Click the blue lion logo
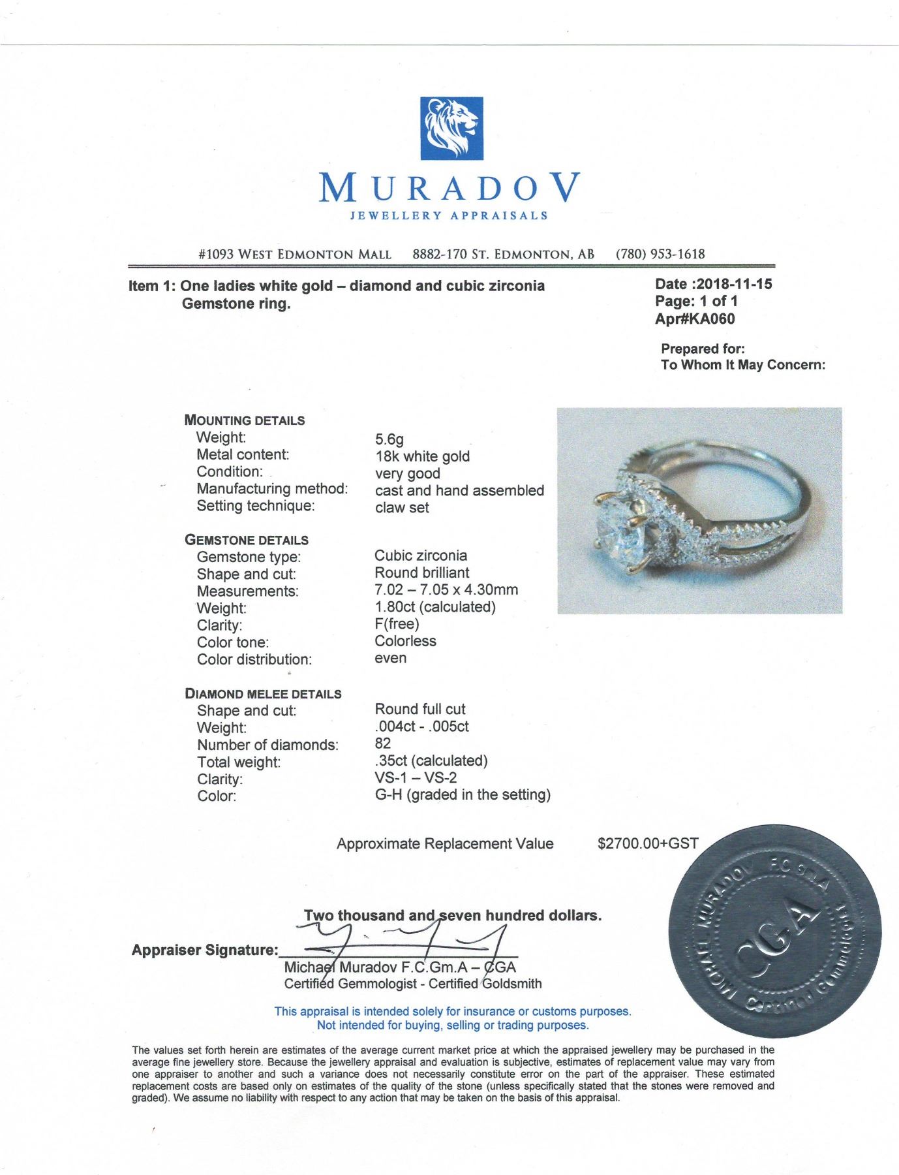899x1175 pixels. click(x=451, y=128)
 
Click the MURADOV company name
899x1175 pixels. click(x=450, y=188)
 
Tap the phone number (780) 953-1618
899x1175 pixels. click(x=660, y=254)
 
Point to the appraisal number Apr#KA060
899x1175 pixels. click(x=695, y=319)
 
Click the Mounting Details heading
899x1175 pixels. click(x=245, y=420)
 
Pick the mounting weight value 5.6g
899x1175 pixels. click(x=389, y=439)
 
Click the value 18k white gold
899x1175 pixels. click(x=422, y=456)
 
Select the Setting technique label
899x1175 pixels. click(x=255, y=506)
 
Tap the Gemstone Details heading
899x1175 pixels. click(x=247, y=540)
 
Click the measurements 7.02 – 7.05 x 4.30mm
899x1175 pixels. click(x=446, y=589)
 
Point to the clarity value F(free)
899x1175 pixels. click(x=397, y=623)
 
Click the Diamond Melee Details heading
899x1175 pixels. click(x=263, y=693)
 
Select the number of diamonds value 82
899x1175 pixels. click(x=383, y=743)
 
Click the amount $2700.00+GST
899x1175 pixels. click(x=648, y=843)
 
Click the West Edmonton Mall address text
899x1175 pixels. click(x=294, y=254)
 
